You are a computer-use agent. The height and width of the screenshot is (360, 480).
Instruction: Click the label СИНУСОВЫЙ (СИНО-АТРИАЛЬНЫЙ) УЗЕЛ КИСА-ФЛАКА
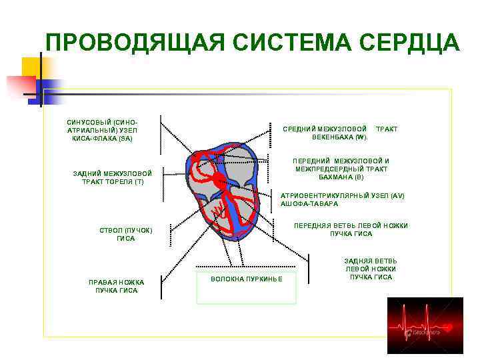click(x=103, y=131)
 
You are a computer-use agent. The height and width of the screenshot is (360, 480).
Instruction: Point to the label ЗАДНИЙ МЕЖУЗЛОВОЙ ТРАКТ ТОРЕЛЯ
click(x=113, y=177)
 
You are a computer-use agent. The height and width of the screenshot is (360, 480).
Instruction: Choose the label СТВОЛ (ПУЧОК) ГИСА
click(x=126, y=235)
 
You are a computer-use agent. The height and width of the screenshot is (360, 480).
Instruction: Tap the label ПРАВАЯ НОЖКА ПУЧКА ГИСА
click(x=117, y=286)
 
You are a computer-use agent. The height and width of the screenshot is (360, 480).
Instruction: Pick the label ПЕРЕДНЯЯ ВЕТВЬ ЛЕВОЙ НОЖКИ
click(x=351, y=230)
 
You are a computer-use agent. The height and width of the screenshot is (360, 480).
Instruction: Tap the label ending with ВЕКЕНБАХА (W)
click(x=340, y=133)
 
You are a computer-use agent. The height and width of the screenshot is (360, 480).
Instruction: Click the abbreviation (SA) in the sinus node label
click(x=125, y=139)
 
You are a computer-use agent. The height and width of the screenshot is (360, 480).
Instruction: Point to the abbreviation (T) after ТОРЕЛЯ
click(x=139, y=181)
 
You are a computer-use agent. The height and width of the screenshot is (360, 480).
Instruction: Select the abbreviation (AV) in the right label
click(x=397, y=195)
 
